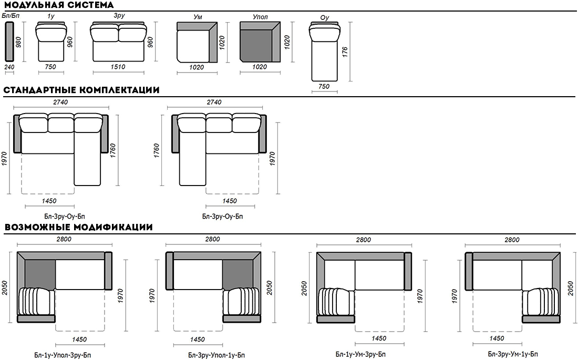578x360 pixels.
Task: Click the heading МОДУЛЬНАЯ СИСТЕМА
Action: [x=59, y=5]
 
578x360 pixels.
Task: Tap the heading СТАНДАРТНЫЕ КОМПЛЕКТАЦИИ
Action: [x=81, y=90]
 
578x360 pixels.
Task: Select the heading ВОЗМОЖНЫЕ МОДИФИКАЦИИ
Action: [x=78, y=227]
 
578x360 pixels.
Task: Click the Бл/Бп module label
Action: [x=11, y=15]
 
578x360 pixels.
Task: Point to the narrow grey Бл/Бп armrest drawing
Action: [x=9, y=42]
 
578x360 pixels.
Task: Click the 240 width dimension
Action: [x=9, y=67]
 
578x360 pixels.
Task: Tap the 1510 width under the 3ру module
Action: [x=118, y=67]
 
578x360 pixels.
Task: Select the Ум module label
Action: [x=198, y=17]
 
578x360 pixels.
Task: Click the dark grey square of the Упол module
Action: [x=256, y=46]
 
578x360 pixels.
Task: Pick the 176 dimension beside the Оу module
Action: [x=345, y=52]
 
